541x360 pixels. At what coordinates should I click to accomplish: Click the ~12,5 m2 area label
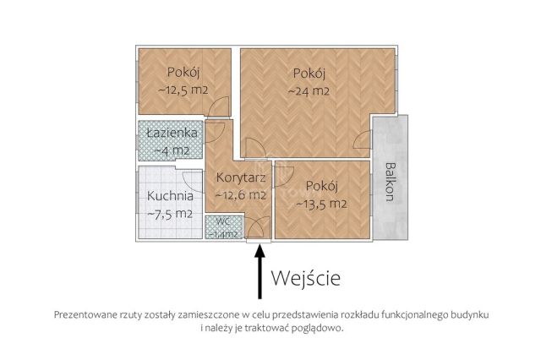pyautogui.click(x=183, y=89)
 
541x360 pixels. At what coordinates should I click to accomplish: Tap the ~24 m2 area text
pyautogui.click(x=309, y=90)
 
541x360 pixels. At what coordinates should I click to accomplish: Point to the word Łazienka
pyautogui.click(x=172, y=134)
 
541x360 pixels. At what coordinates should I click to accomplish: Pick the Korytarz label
pyautogui.click(x=241, y=178)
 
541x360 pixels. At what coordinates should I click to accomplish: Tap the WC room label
pyautogui.click(x=222, y=221)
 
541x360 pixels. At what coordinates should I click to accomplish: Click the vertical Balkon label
pyautogui.click(x=390, y=180)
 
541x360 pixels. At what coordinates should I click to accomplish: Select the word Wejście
pyautogui.click(x=306, y=277)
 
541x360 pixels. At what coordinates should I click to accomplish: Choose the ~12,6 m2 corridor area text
pyautogui.click(x=241, y=194)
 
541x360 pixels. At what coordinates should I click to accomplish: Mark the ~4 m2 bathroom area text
pyautogui.click(x=172, y=150)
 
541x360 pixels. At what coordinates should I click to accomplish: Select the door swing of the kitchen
pyautogui.click(x=193, y=180)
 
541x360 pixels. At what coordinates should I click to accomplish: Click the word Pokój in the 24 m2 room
pyautogui.click(x=309, y=72)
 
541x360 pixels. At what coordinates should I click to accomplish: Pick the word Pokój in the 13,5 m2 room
pyautogui.click(x=322, y=187)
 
